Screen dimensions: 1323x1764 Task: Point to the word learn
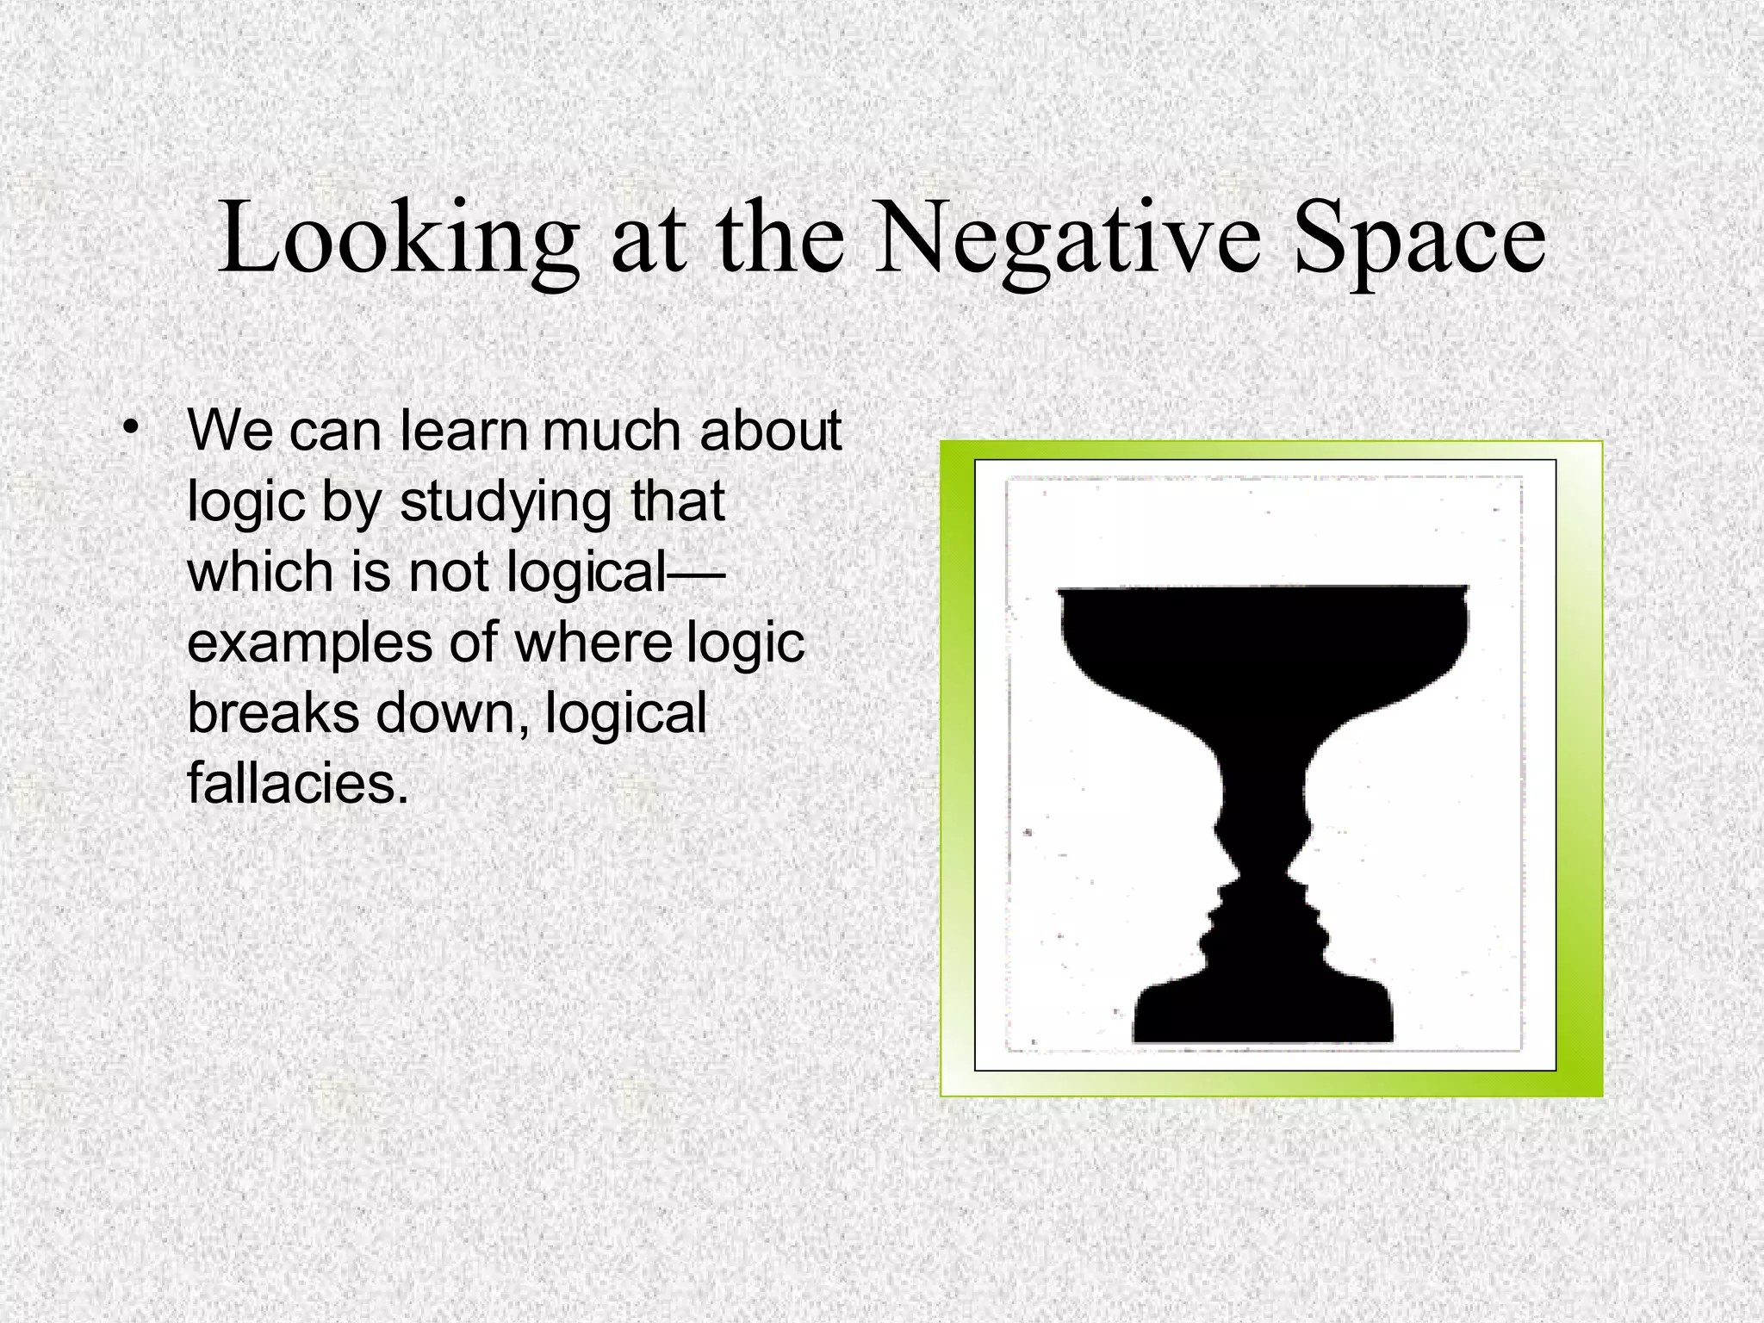(464, 430)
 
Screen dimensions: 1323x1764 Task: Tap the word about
(770, 430)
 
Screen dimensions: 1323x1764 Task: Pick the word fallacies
(298, 784)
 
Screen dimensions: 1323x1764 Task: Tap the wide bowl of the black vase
(1263, 637)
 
